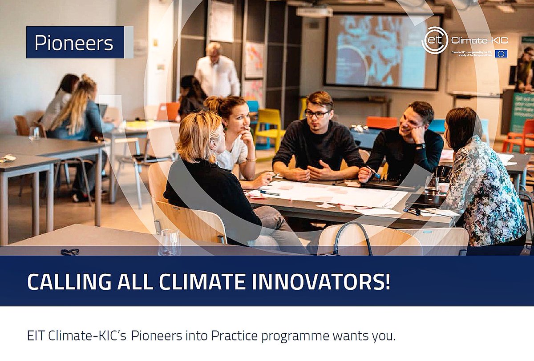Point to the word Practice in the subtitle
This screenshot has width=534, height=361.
[234, 336]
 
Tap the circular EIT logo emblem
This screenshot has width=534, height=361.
[434, 40]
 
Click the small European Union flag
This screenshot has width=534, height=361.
[501, 53]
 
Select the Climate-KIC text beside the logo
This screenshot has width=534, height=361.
[479, 40]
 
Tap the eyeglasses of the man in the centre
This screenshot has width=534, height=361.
[317, 114]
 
